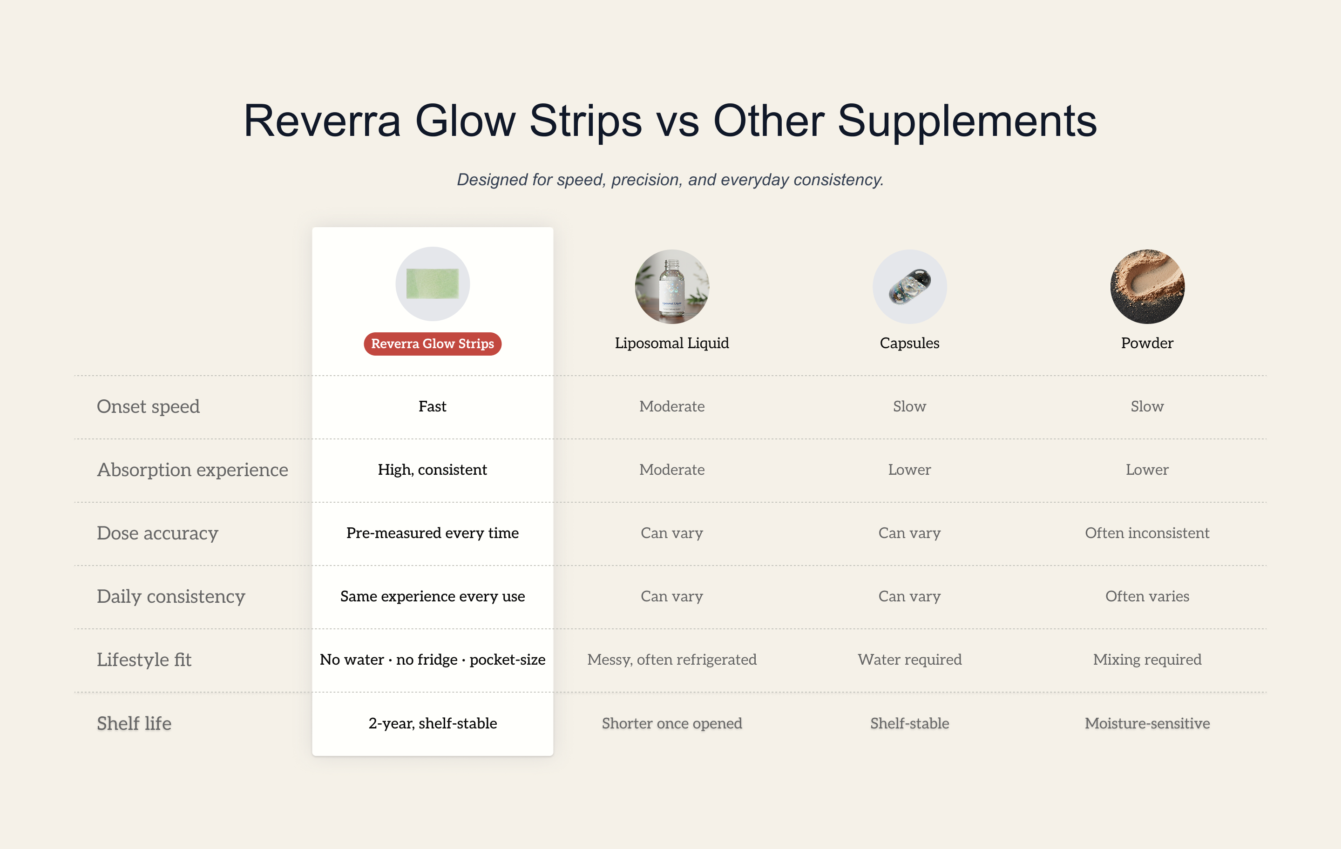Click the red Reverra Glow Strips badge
pyautogui.click(x=433, y=344)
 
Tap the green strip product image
pyautogui.click(x=433, y=284)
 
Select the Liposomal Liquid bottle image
pyautogui.click(x=672, y=286)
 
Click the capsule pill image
pyautogui.click(x=910, y=286)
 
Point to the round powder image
pyautogui.click(x=1147, y=286)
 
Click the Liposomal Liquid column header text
pyautogui.click(x=672, y=343)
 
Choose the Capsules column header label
pyautogui.click(x=910, y=344)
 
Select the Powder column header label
pyautogui.click(x=1147, y=343)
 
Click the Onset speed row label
pyautogui.click(x=148, y=407)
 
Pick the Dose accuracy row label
pyautogui.click(x=157, y=533)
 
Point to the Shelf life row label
pyautogui.click(x=134, y=723)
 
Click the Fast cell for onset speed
pyautogui.click(x=433, y=406)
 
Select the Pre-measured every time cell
pyautogui.click(x=433, y=533)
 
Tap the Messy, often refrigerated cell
pyautogui.click(x=672, y=660)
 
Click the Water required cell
pyautogui.click(x=910, y=660)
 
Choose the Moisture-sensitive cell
pyautogui.click(x=1147, y=723)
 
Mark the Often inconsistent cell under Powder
pyautogui.click(x=1147, y=533)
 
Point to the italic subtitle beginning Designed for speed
pyautogui.click(x=670, y=180)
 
